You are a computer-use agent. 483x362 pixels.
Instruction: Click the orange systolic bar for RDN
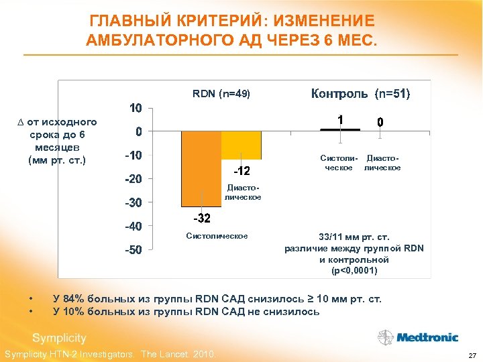pyautogui.click(x=201, y=168)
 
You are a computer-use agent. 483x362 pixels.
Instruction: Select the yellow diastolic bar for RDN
pyautogui.click(x=241, y=144)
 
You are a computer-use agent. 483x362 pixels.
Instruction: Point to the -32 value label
pyautogui.click(x=201, y=219)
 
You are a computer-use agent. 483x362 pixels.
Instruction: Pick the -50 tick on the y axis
pyautogui.click(x=135, y=250)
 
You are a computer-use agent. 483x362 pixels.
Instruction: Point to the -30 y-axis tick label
pyautogui.click(x=135, y=202)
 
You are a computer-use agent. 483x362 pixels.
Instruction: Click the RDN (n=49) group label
pyautogui.click(x=221, y=95)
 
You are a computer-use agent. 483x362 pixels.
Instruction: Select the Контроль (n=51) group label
pyautogui.click(x=360, y=94)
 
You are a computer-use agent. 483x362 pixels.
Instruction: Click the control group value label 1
pyautogui.click(x=341, y=119)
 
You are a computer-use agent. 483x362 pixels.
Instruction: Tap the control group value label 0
pyautogui.click(x=380, y=123)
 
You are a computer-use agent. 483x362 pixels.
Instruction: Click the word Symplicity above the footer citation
pyautogui.click(x=59, y=338)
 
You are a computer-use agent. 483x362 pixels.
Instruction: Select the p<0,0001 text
pyautogui.click(x=354, y=271)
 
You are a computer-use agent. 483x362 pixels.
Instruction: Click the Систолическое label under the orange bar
pyautogui.click(x=217, y=236)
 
